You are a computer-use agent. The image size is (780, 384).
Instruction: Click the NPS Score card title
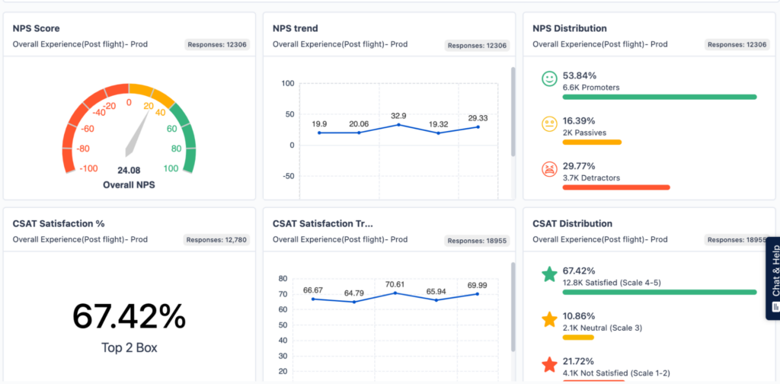click(37, 28)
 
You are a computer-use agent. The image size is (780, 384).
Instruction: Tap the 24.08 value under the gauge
click(129, 170)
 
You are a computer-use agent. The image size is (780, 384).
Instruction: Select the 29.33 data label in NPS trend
click(478, 118)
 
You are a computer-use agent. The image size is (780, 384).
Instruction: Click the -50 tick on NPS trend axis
click(289, 176)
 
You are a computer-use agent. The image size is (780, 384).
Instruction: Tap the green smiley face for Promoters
click(548, 78)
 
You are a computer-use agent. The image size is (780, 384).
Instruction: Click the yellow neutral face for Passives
click(548, 123)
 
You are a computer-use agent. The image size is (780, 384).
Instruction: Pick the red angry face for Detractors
click(548, 169)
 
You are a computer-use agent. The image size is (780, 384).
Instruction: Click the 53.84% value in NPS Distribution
click(579, 75)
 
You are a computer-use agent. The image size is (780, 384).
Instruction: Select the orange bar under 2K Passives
click(592, 142)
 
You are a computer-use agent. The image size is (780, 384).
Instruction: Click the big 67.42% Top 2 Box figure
click(129, 315)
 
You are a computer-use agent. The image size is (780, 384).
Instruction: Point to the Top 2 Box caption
click(129, 348)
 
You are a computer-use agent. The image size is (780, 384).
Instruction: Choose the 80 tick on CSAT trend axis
click(283, 279)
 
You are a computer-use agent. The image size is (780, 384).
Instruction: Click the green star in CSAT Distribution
click(548, 274)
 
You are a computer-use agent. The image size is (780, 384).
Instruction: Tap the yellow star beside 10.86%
click(548, 319)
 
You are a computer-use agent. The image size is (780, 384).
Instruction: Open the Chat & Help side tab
click(773, 277)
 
